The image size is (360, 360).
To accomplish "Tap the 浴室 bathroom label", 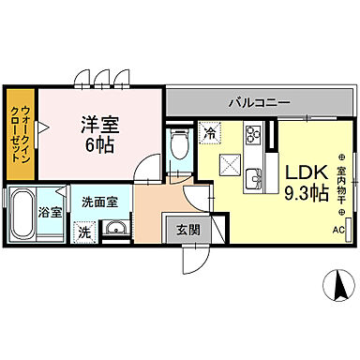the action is (x=51, y=212).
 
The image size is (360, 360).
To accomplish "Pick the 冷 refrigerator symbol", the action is (x=211, y=134).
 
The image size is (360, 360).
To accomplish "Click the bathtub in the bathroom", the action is (x=23, y=216).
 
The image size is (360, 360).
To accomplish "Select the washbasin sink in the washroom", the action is (x=116, y=230).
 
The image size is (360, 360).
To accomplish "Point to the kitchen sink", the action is (x=253, y=174).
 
